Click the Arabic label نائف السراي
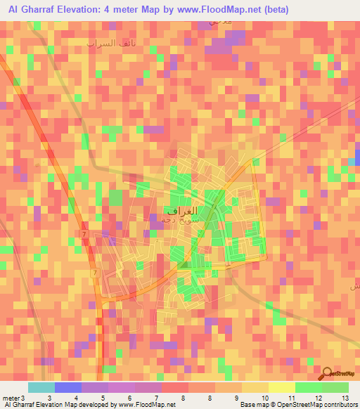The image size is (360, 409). click(x=110, y=44)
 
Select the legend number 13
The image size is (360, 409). click(x=345, y=398)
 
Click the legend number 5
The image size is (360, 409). click(x=103, y=398)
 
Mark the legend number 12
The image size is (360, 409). click(x=318, y=398)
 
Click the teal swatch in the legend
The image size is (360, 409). click(x=41, y=387)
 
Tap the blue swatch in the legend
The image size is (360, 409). click(x=67, y=387)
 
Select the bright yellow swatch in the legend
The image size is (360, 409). click(x=281, y=387)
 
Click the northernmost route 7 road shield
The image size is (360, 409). click(x=84, y=233)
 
